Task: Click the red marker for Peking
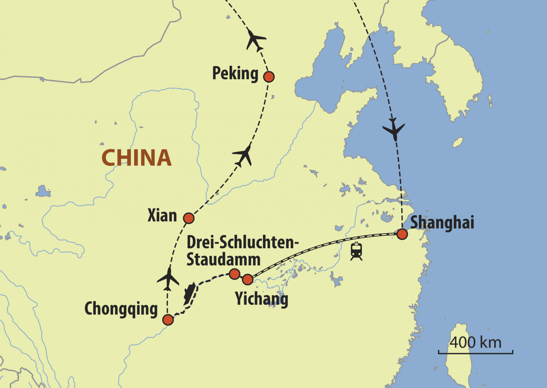click(269, 77)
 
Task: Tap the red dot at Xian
click(189, 218)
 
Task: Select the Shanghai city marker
click(402, 234)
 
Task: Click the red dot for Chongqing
click(168, 320)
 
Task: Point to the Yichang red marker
click(248, 279)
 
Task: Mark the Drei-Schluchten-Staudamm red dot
click(234, 274)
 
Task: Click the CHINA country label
click(137, 158)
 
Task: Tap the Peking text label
click(235, 73)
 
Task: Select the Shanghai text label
click(442, 223)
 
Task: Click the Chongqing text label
click(121, 309)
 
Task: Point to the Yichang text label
click(261, 299)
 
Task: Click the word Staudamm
click(223, 260)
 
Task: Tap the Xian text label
click(162, 215)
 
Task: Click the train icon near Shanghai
click(356, 251)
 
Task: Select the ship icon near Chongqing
click(189, 293)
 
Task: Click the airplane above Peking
click(255, 40)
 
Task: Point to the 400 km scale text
click(475, 343)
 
